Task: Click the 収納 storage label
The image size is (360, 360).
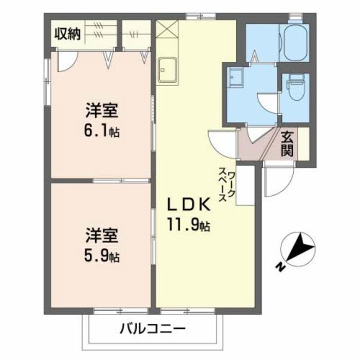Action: coord(67,34)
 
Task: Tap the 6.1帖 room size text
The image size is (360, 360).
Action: coord(102,132)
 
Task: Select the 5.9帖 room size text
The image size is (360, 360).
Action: coord(102,256)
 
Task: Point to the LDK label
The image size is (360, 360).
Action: coord(188,204)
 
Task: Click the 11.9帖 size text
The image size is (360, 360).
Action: coord(188,226)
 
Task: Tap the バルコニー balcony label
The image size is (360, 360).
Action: coord(152,330)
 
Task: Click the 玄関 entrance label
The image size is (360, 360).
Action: coord(287,143)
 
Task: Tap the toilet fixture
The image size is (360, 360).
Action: coord(294,87)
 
